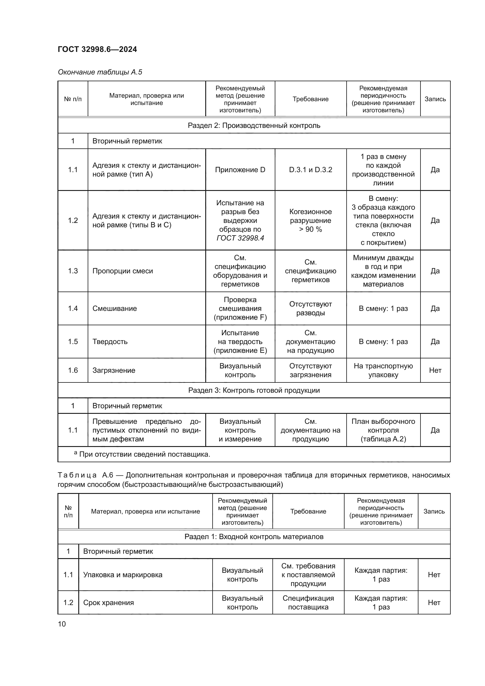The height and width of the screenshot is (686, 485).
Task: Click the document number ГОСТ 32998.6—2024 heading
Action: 97,49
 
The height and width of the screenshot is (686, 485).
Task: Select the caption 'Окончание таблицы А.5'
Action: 100,72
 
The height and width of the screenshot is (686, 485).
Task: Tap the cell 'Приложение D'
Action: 240,170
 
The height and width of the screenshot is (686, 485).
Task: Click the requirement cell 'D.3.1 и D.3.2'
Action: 311,170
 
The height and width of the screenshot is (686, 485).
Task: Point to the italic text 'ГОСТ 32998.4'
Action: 240,238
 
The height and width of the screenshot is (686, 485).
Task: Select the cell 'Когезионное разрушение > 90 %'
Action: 311,221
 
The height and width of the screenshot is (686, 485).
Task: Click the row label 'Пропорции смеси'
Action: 123,271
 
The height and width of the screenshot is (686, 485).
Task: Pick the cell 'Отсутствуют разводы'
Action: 311,309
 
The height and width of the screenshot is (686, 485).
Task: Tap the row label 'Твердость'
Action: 110,341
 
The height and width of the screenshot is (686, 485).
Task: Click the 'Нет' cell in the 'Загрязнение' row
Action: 435,370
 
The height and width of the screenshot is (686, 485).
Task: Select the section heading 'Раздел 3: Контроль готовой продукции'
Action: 254,390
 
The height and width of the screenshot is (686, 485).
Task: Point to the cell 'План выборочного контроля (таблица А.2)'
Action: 383,430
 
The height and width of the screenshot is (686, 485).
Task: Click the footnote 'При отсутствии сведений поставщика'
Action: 145,454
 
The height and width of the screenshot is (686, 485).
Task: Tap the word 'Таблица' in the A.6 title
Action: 77,475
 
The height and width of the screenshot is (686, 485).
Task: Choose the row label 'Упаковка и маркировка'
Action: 123,575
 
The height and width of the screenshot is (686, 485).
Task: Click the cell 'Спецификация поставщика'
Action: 308,603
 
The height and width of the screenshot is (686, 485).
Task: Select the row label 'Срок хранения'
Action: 108,603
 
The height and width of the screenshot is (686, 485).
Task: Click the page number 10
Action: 62,624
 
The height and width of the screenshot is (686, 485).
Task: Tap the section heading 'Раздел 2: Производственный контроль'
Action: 254,126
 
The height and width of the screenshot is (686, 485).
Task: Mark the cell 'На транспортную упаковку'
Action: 383,370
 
